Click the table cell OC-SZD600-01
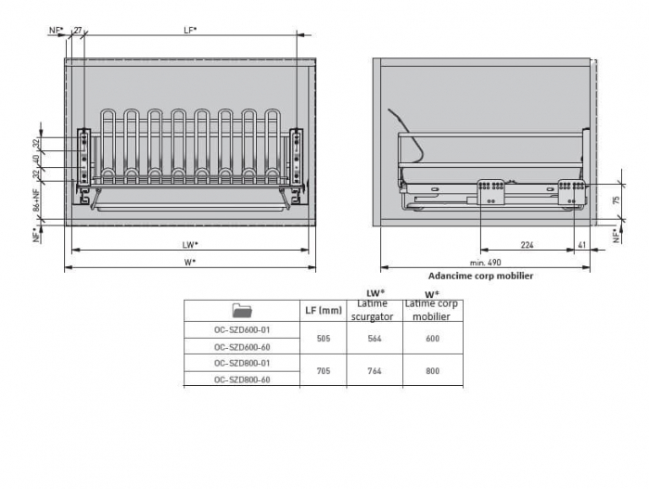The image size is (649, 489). click(x=242, y=330)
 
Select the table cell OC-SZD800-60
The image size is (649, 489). click(x=242, y=380)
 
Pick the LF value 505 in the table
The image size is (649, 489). click(x=324, y=339)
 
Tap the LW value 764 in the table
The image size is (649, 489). click(x=375, y=371)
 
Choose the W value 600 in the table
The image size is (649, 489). click(x=433, y=339)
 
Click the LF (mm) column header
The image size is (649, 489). click(x=324, y=311)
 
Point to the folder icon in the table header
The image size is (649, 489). click(x=242, y=311)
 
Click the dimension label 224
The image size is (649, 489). click(x=527, y=245)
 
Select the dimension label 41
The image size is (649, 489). click(x=582, y=245)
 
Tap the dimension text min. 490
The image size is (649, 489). click(x=485, y=263)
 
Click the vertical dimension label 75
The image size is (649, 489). click(x=617, y=200)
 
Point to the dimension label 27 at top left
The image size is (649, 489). click(x=78, y=31)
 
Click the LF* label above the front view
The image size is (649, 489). click(x=190, y=31)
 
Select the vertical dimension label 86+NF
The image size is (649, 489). click(x=37, y=199)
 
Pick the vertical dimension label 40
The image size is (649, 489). click(x=37, y=159)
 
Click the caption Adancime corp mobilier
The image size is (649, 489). click(x=480, y=276)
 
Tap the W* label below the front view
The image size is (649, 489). click(x=190, y=263)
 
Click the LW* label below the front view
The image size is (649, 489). click(x=190, y=245)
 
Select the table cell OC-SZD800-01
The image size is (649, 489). click(x=242, y=363)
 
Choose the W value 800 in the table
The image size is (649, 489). click(x=433, y=371)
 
